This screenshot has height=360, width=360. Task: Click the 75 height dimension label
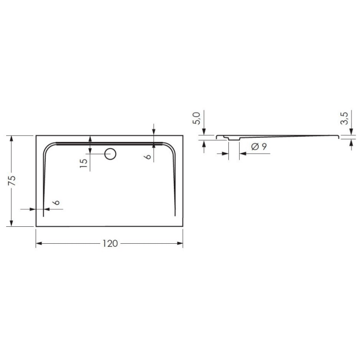[x=12, y=180]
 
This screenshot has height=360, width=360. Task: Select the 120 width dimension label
[x=110, y=244]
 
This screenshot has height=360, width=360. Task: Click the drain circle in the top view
[x=110, y=153]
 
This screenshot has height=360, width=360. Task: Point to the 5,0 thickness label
[x=196, y=120]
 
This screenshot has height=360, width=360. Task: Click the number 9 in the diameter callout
[x=264, y=147]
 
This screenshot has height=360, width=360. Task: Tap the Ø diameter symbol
[x=255, y=147]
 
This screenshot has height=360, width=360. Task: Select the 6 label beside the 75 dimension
[x=57, y=203]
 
